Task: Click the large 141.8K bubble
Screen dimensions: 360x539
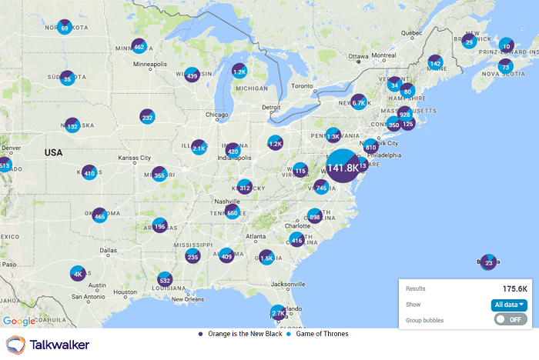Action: [x=343, y=167]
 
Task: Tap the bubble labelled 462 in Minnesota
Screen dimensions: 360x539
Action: [x=139, y=46]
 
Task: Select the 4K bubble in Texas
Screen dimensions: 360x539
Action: [x=77, y=273]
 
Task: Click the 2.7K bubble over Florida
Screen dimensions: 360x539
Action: [x=278, y=313]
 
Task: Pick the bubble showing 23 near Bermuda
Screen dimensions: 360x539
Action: [x=489, y=262]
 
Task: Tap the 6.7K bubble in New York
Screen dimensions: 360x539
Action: [x=359, y=102]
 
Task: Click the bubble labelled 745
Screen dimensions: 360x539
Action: [x=321, y=187]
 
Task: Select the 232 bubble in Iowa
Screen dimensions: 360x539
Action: [x=147, y=117]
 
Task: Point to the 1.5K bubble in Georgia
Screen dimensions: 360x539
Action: [x=266, y=258]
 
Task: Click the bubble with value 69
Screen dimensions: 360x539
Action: [x=65, y=28]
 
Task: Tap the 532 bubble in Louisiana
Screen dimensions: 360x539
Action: [x=164, y=279]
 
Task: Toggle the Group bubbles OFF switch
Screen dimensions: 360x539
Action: [x=511, y=319]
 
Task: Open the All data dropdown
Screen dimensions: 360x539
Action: [x=510, y=305]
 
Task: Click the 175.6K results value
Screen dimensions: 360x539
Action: [x=515, y=288]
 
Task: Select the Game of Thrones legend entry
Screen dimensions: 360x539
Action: [x=316, y=334]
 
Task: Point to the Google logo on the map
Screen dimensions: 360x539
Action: [x=18, y=321]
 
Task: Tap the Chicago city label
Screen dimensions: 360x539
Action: [x=217, y=115]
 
